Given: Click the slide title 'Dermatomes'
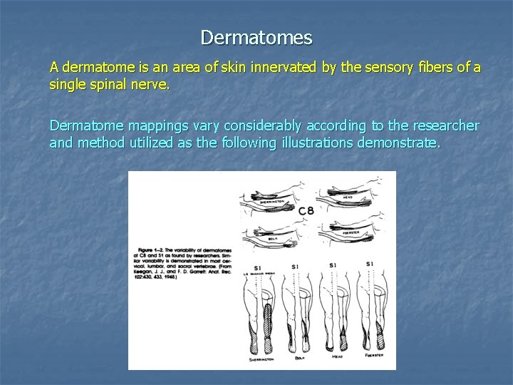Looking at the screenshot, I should pyautogui.click(x=256, y=36).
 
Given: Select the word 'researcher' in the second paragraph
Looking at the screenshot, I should pyautogui.click(x=441, y=126).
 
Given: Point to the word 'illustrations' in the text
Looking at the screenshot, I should pyautogui.click(x=330, y=143).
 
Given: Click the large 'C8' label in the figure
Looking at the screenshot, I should pyautogui.click(x=306, y=210).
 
